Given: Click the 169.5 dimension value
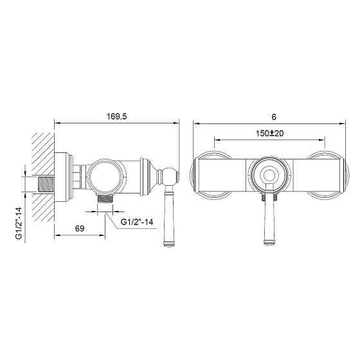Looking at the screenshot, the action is pyautogui.click(x=116, y=116).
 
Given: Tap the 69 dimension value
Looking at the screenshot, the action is pyautogui.click(x=80, y=228).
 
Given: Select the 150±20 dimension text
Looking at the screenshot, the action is pyautogui.click(x=269, y=133).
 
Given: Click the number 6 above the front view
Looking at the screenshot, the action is pyautogui.click(x=274, y=117).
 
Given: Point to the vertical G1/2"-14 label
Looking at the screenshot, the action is pyautogui.click(x=19, y=223).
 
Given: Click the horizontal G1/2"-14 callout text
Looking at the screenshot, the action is pyautogui.click(x=137, y=222).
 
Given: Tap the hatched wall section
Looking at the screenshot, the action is pyautogui.click(x=43, y=177).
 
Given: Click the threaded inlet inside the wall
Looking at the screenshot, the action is pyautogui.click(x=46, y=184).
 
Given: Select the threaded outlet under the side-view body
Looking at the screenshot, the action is pyautogui.click(x=105, y=199).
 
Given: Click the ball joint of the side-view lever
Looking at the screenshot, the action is pyautogui.click(x=170, y=176).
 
